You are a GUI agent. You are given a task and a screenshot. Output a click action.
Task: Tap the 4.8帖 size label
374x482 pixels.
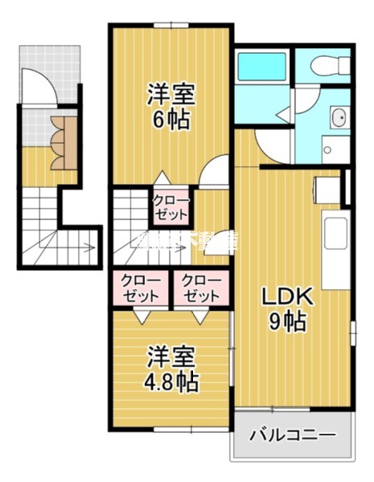[171, 380]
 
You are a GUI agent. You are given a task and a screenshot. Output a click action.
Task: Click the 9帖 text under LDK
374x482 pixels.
[288, 322]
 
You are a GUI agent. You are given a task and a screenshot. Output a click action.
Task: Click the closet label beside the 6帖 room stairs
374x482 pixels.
[171, 206]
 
